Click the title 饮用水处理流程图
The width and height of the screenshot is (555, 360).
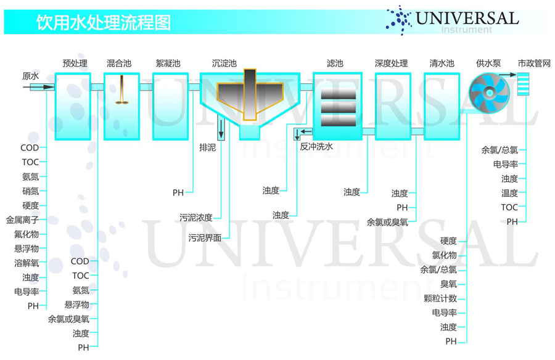(104, 22)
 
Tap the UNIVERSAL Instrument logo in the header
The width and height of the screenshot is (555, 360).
(453, 20)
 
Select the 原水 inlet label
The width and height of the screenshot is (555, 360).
(30, 76)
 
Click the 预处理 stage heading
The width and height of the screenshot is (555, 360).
(75, 63)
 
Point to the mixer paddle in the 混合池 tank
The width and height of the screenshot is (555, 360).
(121, 90)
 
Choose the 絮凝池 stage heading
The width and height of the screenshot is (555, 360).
(168, 63)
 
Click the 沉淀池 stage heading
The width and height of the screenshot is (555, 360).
(224, 63)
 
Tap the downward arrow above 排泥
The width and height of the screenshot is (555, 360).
(221, 129)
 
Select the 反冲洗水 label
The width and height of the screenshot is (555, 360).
(316, 146)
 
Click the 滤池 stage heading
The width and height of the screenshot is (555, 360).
(335, 63)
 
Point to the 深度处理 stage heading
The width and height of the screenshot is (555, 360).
(391, 63)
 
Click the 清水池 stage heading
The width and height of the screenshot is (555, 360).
(442, 63)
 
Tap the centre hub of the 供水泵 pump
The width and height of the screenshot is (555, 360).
(489, 92)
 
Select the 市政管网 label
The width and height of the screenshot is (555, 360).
(534, 63)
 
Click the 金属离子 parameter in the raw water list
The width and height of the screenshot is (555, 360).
(22, 220)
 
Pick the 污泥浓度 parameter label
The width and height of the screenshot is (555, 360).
(195, 218)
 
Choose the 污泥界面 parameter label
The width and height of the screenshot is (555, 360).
(205, 237)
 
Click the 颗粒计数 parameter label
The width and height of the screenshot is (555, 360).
(440, 298)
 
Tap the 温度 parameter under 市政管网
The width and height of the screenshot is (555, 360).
(510, 193)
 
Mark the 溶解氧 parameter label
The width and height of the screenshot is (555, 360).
(27, 263)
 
